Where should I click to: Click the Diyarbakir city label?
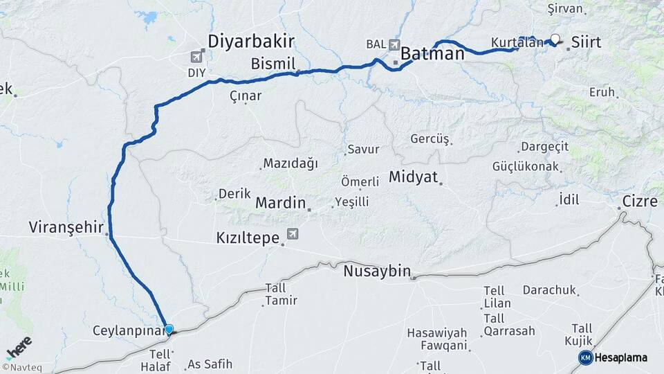tap(252, 39)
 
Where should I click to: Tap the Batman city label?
tap(432, 53)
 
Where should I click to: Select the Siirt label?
tap(586, 42)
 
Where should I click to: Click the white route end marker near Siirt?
tap(555, 39)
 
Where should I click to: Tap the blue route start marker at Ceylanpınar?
tap(168, 329)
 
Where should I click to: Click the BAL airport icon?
tap(394, 44)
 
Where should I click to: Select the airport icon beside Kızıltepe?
tap(293, 235)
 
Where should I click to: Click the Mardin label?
tap(280, 203)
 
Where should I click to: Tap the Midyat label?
tap(414, 177)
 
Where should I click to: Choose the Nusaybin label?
tap(377, 271)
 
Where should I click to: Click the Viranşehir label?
tap(66, 227)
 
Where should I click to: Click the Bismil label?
tap(273, 64)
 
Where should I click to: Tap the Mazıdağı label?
tap(290, 163)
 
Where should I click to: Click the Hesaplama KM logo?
tap(613, 357)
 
